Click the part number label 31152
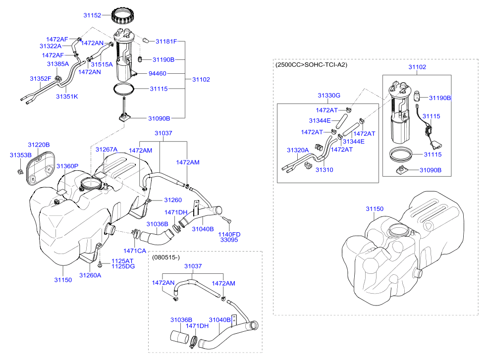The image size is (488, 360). (x=92, y=15)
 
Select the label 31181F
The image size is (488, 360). (x=166, y=42)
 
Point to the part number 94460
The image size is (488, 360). (x=158, y=73)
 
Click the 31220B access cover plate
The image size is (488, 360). (x=41, y=168)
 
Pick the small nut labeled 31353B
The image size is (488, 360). (x=20, y=171)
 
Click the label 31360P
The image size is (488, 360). (x=67, y=166)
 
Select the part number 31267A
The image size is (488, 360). (x=107, y=150)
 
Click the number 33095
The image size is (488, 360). (x=229, y=240)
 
